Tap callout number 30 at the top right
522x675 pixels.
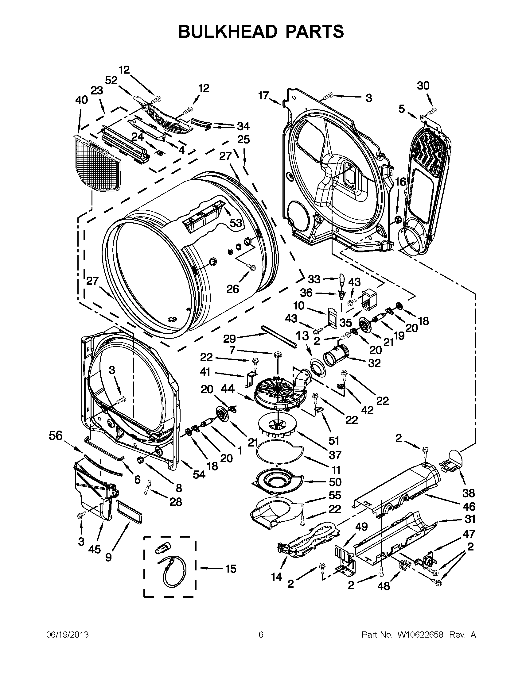pyautogui.click(x=423, y=85)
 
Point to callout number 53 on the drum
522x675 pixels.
pyautogui.click(x=236, y=223)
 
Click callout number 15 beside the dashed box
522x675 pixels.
pyautogui.click(x=231, y=569)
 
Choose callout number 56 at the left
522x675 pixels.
pyautogui.click(x=56, y=436)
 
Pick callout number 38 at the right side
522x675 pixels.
pyautogui.click(x=469, y=493)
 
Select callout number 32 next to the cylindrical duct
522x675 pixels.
pyautogui.click(x=374, y=363)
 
